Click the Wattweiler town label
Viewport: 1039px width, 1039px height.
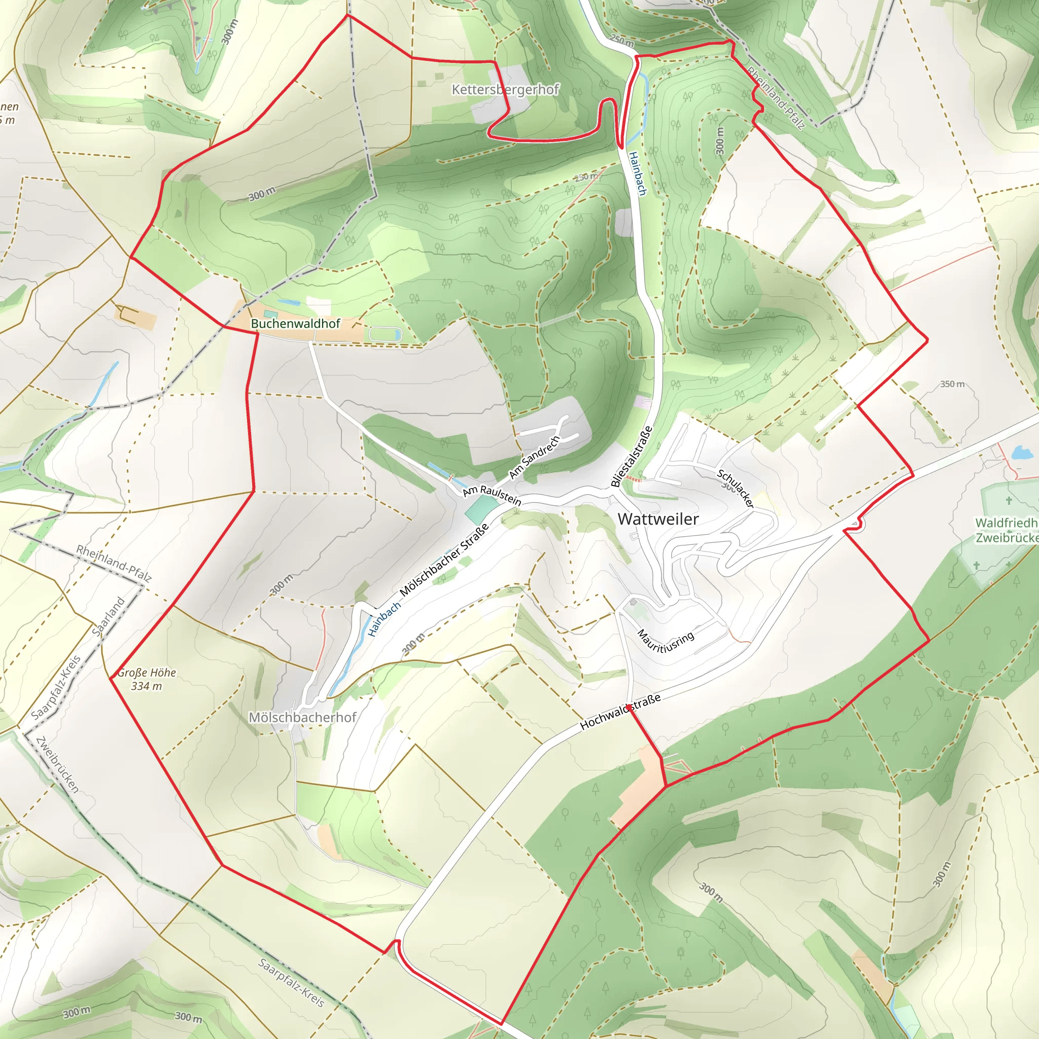(657, 519)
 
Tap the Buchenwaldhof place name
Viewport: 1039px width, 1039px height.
(295, 324)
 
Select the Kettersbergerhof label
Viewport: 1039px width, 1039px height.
(505, 89)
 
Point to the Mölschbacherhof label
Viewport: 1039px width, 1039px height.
(302, 717)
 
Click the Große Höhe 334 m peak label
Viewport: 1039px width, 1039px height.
(146, 679)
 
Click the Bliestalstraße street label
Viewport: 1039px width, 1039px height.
(632, 457)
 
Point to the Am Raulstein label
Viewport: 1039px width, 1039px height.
(492, 495)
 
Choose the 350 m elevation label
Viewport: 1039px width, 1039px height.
(952, 384)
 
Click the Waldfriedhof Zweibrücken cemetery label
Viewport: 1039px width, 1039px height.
(1006, 530)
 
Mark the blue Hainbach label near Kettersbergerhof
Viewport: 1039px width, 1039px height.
(638, 173)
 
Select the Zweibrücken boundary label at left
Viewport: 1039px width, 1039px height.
(57, 764)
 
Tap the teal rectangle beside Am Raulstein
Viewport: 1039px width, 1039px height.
(481, 509)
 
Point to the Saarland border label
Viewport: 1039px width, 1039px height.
(109, 616)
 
